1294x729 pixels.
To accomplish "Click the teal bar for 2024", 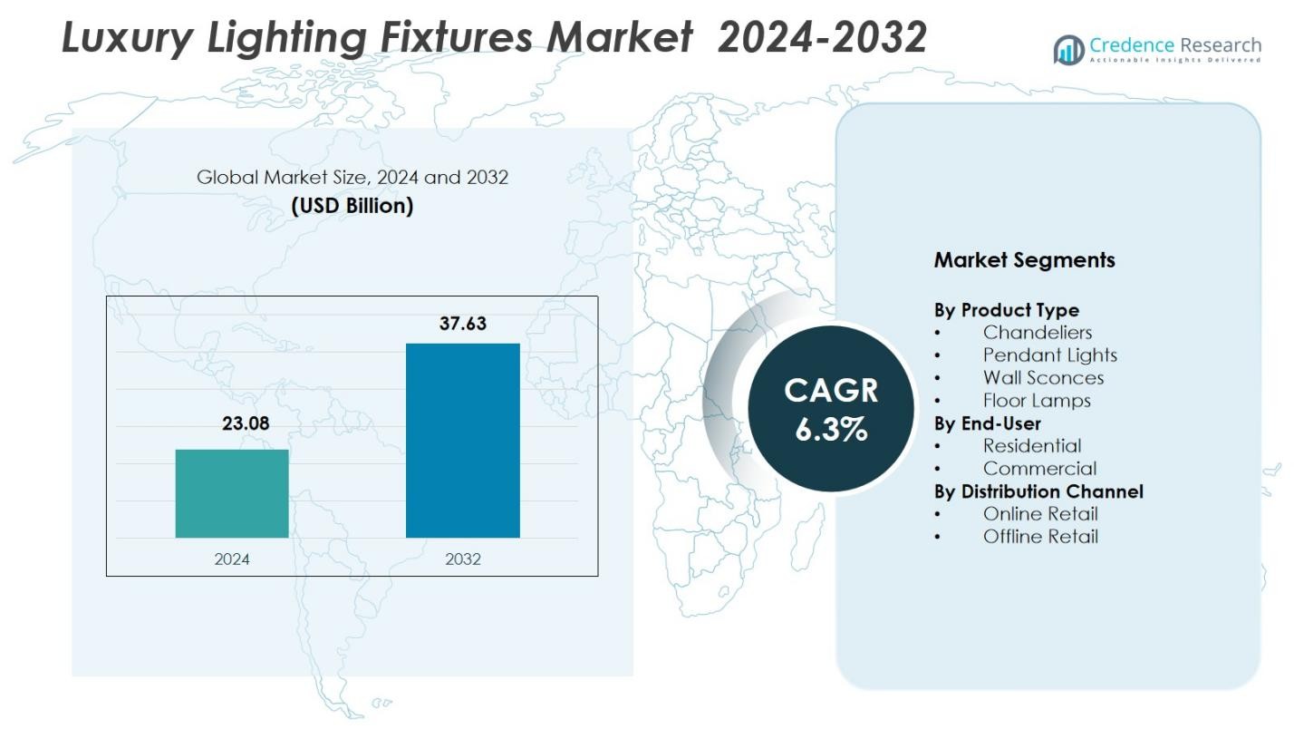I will (x=232, y=493).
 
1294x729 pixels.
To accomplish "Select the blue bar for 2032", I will (x=462, y=441).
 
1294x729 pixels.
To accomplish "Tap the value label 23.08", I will (x=246, y=423).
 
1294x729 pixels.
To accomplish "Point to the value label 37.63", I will (x=462, y=324).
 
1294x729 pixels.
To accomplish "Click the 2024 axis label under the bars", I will (x=232, y=559).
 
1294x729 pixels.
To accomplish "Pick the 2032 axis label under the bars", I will (x=462, y=559).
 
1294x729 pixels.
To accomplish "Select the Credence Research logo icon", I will (x=1068, y=50).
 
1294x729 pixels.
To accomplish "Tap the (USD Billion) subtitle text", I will (x=352, y=206).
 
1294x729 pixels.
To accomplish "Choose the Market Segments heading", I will (x=1024, y=260).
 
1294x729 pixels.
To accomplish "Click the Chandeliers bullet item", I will (x=1037, y=333).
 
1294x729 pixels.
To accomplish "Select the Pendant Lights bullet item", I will (x=1049, y=355).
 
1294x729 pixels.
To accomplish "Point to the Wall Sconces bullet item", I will (x=1043, y=378).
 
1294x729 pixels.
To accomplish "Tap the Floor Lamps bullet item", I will (x=1036, y=401).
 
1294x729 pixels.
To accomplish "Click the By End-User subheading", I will (x=987, y=423).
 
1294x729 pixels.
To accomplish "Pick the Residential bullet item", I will (x=1031, y=446).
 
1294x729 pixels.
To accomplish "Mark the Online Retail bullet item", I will (x=1039, y=514).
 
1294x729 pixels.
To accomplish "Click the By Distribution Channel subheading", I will (x=1038, y=491).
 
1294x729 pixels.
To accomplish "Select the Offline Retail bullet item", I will (x=1039, y=537).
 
